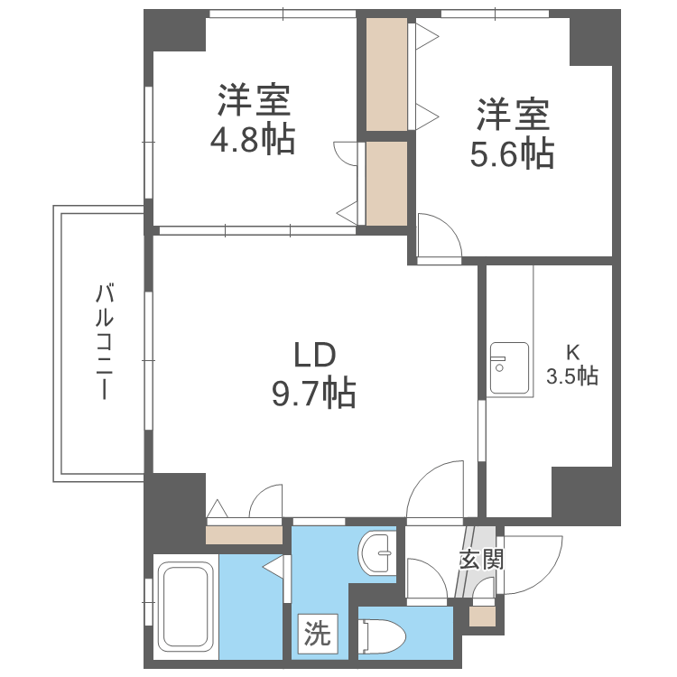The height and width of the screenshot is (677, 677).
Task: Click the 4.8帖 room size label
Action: click(253, 140)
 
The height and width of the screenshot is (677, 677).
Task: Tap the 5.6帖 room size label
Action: click(511, 154)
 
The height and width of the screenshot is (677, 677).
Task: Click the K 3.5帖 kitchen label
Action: click(572, 365)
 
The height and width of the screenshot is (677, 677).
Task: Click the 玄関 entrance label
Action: click(481, 560)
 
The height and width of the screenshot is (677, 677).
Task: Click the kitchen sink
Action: click(508, 368)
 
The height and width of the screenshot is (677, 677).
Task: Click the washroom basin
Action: click(375, 550)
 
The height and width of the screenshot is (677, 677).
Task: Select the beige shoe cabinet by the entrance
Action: click(482, 617)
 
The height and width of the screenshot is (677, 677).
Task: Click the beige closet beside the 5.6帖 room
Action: click(387, 75)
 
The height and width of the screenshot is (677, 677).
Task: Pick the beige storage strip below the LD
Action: click(245, 535)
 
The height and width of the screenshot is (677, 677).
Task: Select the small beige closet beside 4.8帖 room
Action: click(387, 183)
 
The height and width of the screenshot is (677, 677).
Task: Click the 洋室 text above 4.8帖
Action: click(253, 100)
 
